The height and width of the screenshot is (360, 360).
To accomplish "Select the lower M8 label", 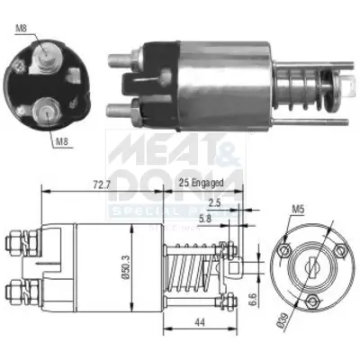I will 59,140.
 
